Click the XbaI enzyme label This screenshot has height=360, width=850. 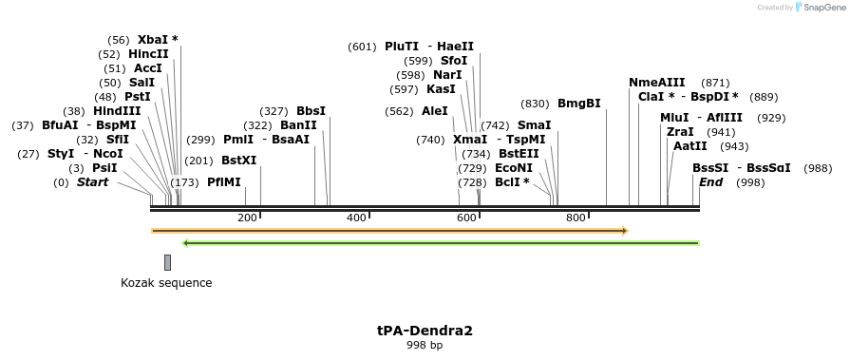tap(152, 40)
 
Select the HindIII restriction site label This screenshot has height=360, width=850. tap(117, 111)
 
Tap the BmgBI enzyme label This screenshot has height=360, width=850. tap(578, 104)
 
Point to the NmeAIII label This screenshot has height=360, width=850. tap(657, 83)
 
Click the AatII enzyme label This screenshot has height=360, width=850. tap(689, 146)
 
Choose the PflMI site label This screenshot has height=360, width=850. tap(224, 181)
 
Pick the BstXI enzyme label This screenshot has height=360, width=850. tap(239, 161)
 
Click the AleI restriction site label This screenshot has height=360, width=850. tap(434, 111)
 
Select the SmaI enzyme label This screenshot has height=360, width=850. tap(534, 125)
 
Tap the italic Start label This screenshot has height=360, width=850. tap(93, 181)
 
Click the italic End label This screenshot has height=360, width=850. tap(710, 181)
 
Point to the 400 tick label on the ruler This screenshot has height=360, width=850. tap(356, 218)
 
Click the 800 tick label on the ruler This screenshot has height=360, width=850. tap(576, 218)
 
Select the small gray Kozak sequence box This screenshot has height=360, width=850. tap(168, 262)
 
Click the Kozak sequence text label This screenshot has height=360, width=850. tap(166, 283)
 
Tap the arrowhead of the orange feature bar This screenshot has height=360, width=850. tap(625, 230)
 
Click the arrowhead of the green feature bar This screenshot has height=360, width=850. tap(185, 243)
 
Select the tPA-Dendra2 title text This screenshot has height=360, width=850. tap(425, 331)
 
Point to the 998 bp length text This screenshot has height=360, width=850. tap(425, 345)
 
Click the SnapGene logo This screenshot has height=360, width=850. tap(819, 8)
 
